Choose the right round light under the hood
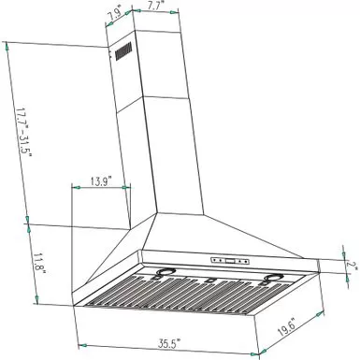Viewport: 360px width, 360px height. (x=274, y=278)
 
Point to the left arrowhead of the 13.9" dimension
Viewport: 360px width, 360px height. (x=73, y=187)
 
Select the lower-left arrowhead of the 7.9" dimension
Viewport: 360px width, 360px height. (x=106, y=25)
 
